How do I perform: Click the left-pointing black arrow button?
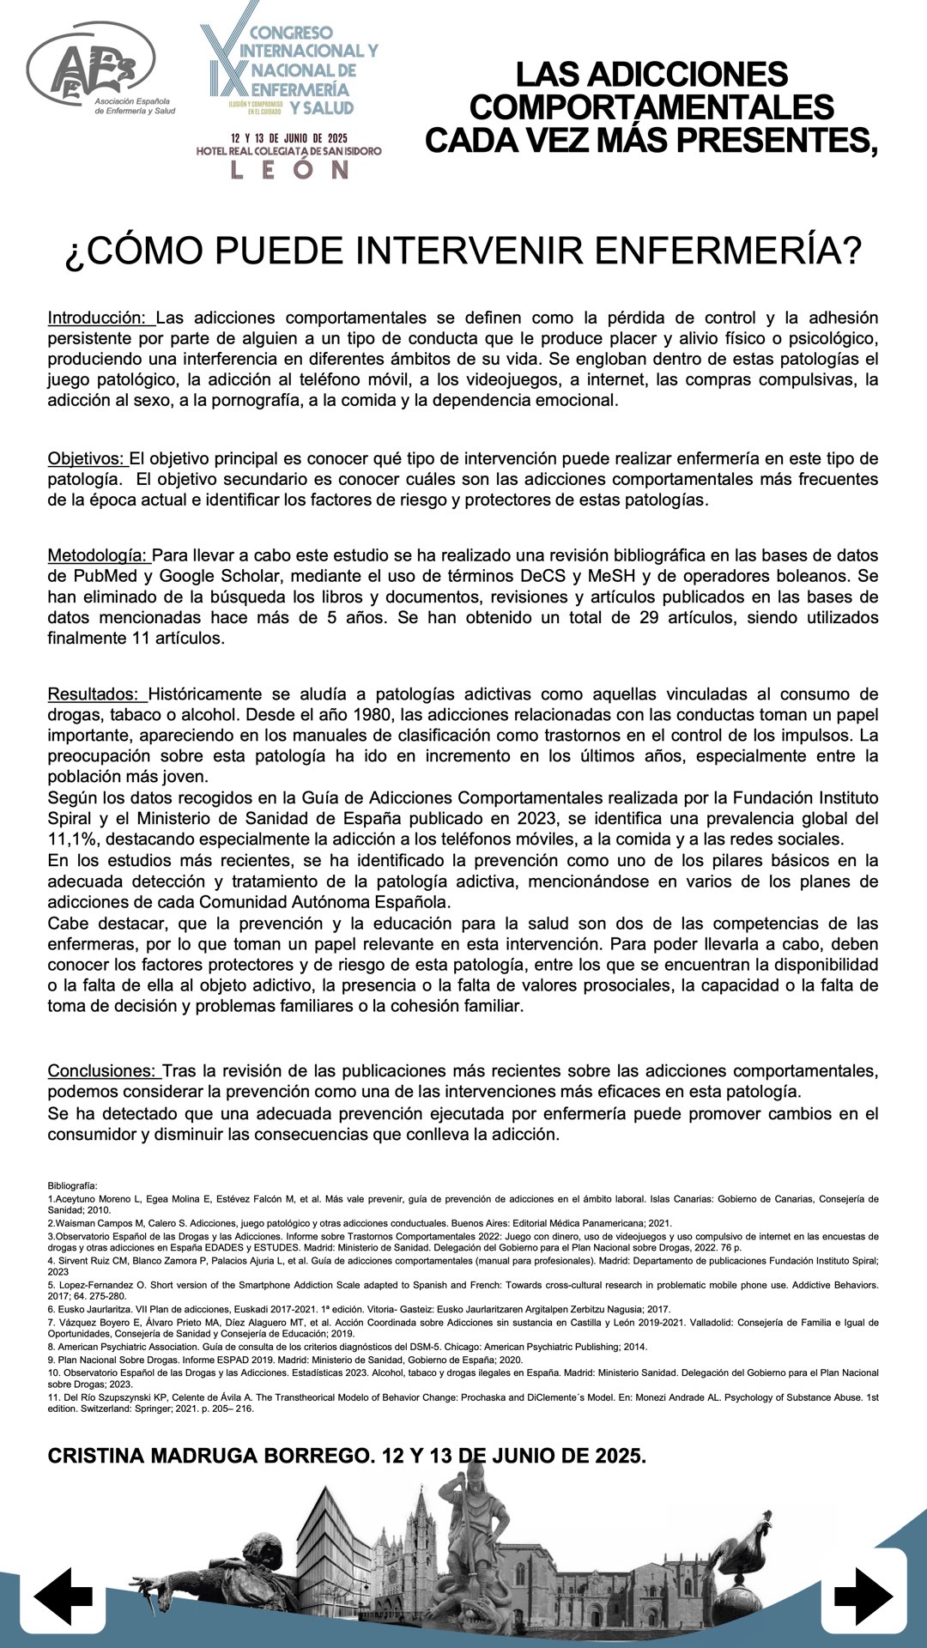63,1596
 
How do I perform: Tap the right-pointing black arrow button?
863,1596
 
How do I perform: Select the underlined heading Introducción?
100,318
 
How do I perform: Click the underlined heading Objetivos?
87,459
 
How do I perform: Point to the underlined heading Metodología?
98,556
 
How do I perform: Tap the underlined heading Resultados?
95,694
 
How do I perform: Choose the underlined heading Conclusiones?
103,1071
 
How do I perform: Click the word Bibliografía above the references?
72,1185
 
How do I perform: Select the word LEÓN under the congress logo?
289,169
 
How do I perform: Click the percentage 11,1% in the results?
73,839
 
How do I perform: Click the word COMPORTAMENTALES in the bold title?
651,108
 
